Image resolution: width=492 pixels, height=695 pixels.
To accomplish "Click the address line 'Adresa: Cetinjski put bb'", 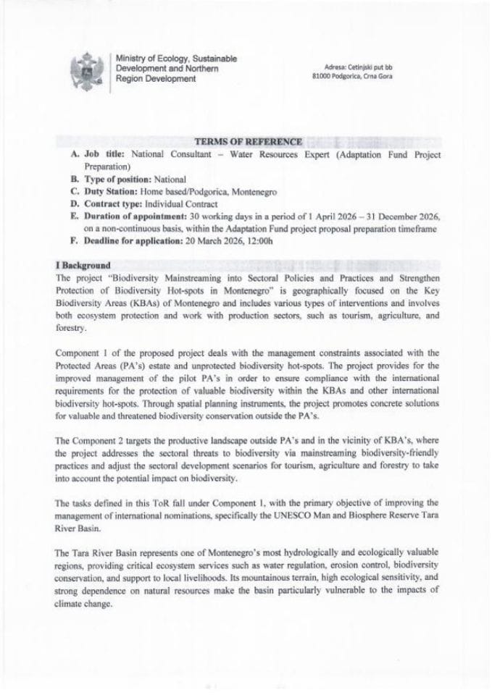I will [351, 67].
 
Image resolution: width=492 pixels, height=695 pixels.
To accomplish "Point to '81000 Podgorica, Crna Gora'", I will [351, 76].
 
